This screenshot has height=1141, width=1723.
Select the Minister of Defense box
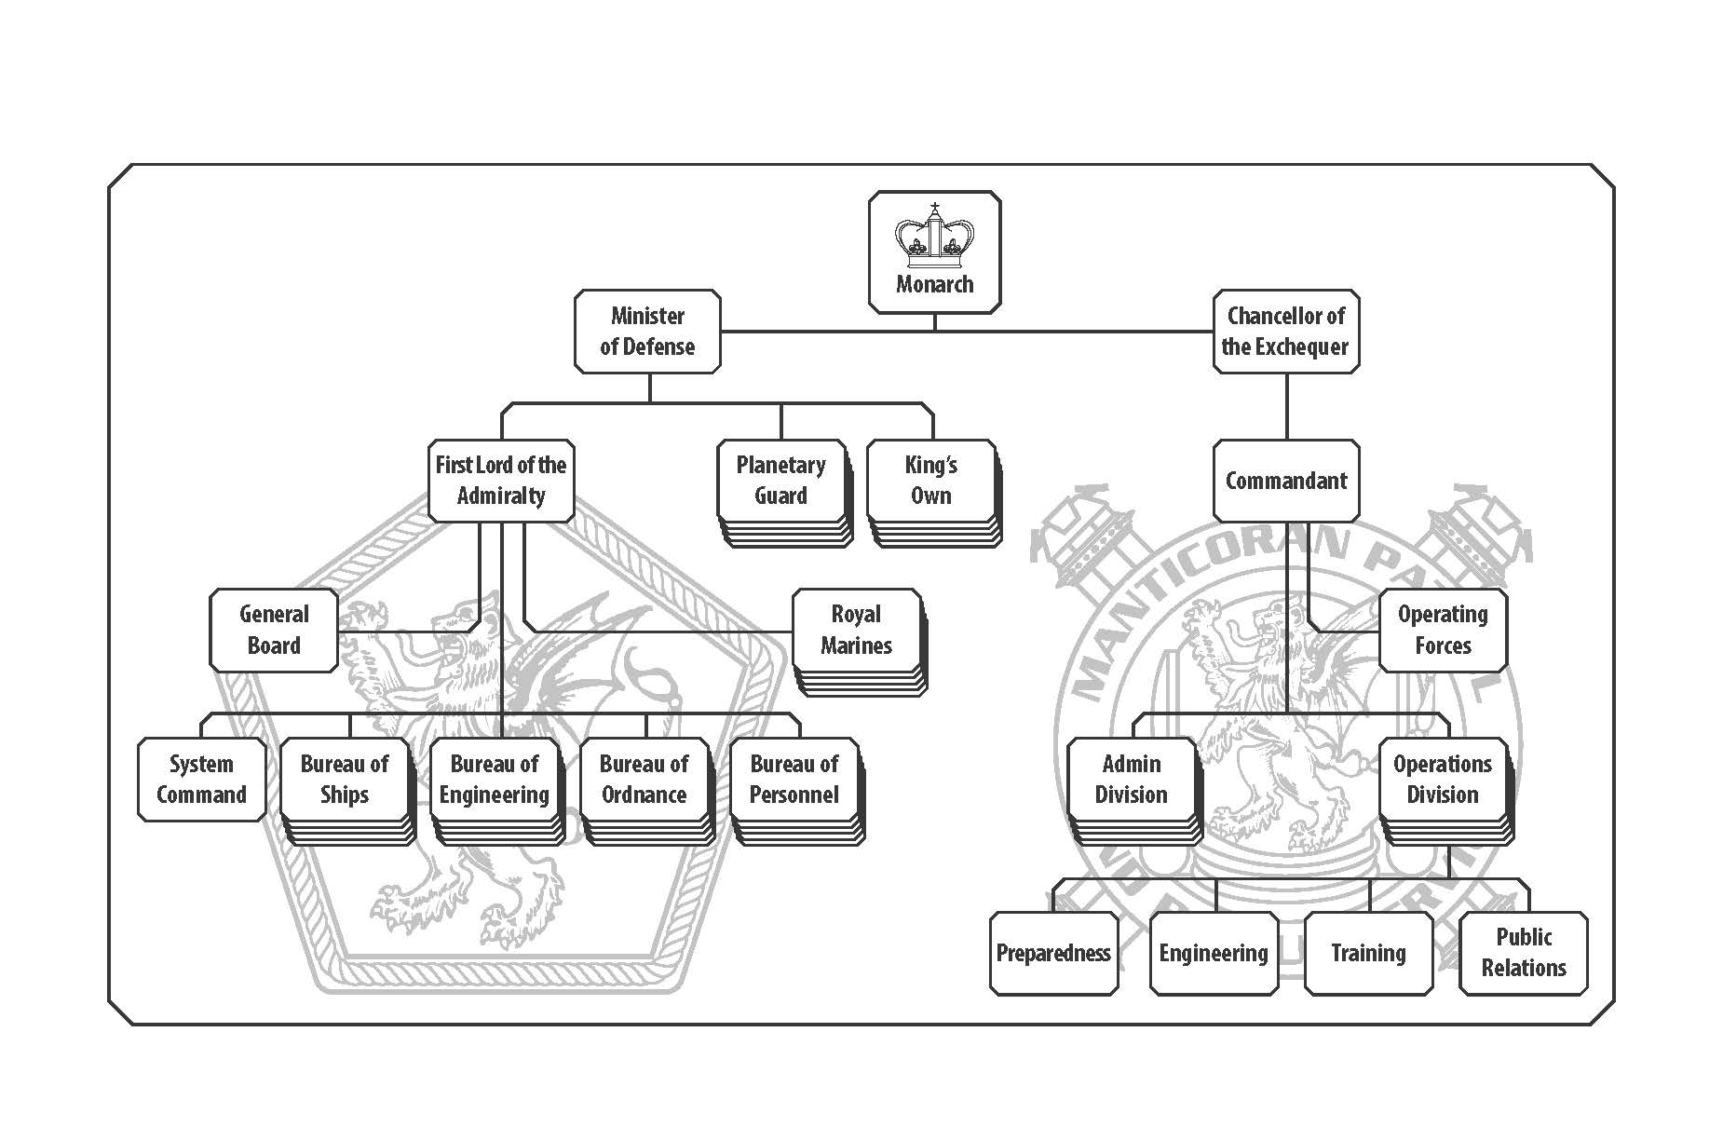click(647, 332)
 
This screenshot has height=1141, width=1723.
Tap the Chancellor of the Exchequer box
click(1285, 332)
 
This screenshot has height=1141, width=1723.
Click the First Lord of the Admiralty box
click(500, 481)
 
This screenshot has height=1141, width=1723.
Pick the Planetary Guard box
click(780, 481)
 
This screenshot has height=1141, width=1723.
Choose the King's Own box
click(930, 481)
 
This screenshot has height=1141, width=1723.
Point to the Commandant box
click(1285, 481)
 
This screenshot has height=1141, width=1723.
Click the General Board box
click(273, 630)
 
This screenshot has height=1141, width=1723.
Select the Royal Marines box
click(856, 630)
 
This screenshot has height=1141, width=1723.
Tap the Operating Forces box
click(1442, 630)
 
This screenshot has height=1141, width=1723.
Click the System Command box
click(201, 780)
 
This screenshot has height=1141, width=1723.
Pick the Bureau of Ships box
click(344, 780)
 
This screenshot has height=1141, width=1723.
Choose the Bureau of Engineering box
click(494, 780)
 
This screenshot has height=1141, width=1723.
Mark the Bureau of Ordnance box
click(644, 780)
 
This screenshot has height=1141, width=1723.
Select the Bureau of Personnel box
click(794, 780)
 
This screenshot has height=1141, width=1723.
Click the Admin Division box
click(1131, 780)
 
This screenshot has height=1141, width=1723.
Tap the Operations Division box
click(1442, 780)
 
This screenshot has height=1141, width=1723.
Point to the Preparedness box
click(1053, 953)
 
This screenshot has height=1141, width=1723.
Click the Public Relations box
click(1523, 953)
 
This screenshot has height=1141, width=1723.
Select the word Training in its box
click(1368, 953)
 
